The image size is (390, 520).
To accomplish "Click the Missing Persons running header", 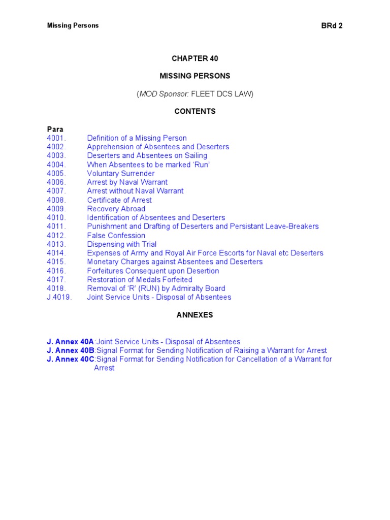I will tap(73, 25).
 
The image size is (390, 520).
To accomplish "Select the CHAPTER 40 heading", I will tap(195, 58).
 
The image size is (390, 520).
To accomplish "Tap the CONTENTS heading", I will tap(195, 111).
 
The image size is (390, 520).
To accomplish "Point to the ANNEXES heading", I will tap(195, 315).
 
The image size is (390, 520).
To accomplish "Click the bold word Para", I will tap(55, 129).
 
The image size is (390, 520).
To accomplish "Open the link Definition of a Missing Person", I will tap(137, 138).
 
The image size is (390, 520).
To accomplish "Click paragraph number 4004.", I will tap(56, 165).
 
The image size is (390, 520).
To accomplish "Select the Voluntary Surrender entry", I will tap(120, 173).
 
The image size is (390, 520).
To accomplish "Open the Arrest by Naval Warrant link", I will tap(127, 182).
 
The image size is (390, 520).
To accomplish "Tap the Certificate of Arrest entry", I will tap(119, 200).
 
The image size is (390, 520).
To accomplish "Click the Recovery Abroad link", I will tap(116, 209).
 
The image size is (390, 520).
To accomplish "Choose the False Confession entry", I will tap(116, 235).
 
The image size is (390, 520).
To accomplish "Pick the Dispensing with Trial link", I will tap(121, 244).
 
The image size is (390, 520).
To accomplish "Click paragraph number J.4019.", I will tap(59, 297).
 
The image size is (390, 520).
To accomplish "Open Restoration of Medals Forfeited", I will tap(139, 279).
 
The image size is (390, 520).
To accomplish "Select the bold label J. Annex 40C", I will tap(71, 359).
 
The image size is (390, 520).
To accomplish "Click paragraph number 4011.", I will tap(56, 226).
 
